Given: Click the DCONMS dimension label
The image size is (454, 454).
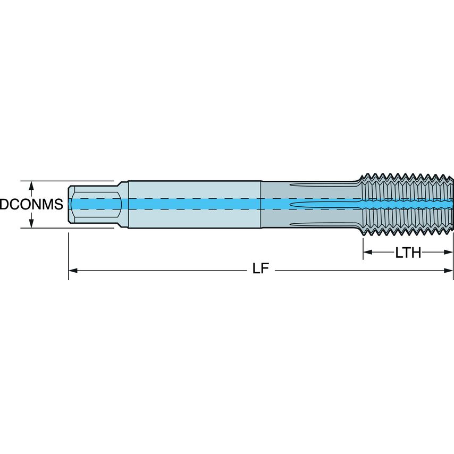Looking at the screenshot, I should click(31, 205).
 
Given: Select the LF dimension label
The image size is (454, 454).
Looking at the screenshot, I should click(259, 270).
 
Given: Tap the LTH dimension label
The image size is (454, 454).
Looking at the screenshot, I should click(408, 253).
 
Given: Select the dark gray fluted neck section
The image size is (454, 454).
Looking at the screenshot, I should click(308, 191).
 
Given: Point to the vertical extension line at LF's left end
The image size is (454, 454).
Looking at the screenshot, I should click(69, 255).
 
